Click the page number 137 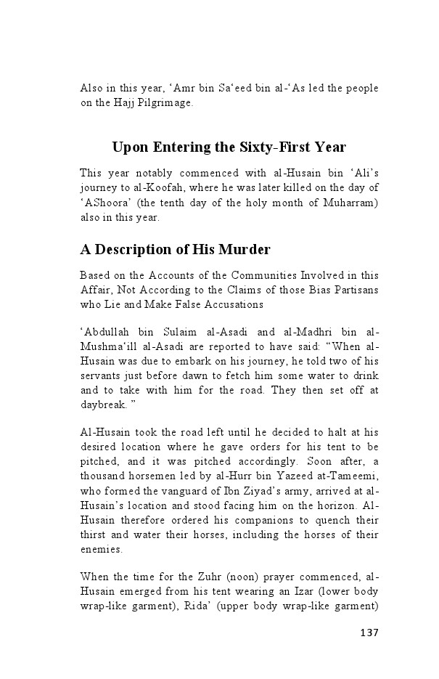coord(369,632)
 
